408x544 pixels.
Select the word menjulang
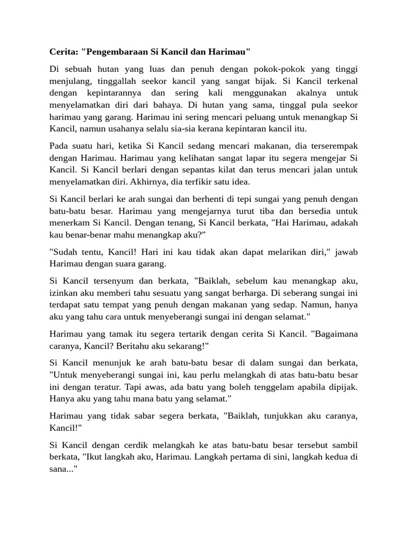click(70, 81)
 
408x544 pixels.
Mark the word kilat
click(214, 169)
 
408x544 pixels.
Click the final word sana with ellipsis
click(63, 469)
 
